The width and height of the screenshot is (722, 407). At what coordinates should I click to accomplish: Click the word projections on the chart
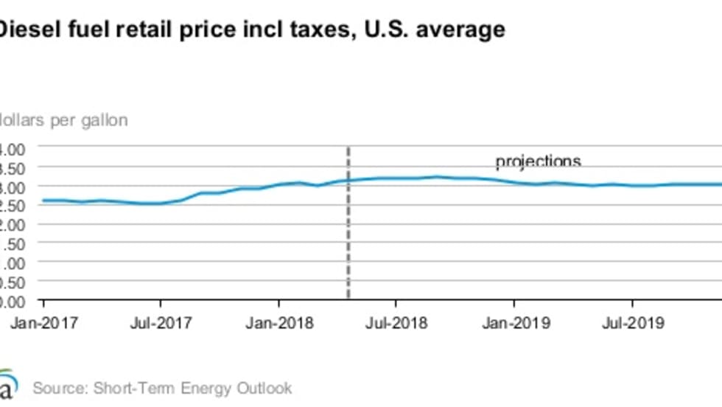click(538, 161)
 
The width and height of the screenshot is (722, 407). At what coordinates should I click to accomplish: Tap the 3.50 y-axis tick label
click(13, 167)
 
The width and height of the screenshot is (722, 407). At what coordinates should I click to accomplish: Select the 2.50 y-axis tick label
click(13, 206)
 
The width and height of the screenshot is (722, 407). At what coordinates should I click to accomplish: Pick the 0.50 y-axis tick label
click(13, 282)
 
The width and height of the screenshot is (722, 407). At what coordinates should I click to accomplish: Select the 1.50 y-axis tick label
click(13, 244)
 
